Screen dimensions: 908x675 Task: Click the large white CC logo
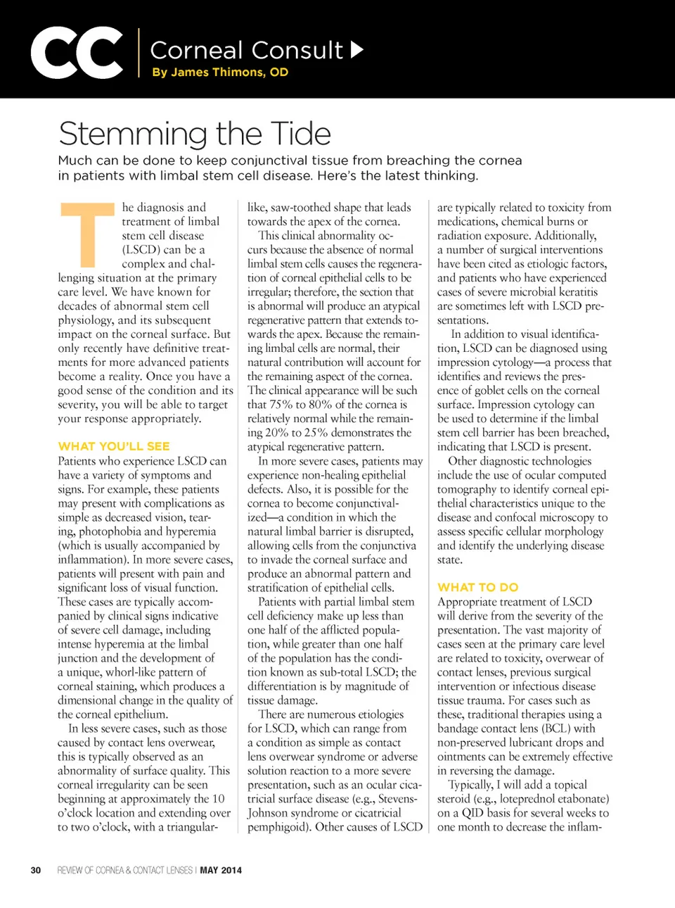tap(77, 53)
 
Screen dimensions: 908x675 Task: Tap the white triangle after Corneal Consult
tap(357, 49)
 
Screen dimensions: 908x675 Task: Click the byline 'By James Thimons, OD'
tap(220, 72)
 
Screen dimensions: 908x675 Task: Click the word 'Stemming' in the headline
tap(133, 134)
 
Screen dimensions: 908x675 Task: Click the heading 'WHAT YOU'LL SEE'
tap(114, 446)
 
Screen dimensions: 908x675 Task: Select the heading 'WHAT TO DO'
tap(478, 587)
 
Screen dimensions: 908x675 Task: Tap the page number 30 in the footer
tap(36, 870)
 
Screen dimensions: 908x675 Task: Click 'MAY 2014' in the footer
tap(221, 870)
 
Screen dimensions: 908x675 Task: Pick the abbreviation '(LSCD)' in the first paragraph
tap(144, 250)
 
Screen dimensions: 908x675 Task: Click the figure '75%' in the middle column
tap(282, 405)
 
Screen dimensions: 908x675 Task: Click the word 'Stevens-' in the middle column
tap(395, 799)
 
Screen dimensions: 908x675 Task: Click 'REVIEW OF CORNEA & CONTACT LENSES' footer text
tap(125, 870)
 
